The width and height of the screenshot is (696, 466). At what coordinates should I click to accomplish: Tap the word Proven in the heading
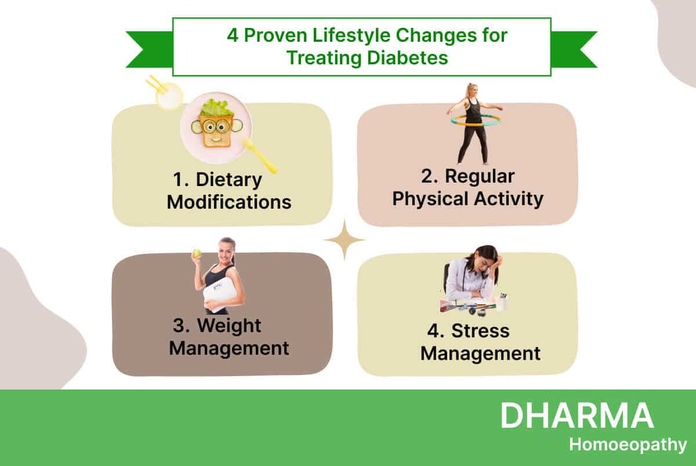[x=275, y=35]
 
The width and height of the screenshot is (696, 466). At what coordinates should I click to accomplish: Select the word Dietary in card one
[x=229, y=179]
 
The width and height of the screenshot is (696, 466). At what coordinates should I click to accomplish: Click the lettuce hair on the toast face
[x=216, y=107]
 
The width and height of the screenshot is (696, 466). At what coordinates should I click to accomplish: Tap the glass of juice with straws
[x=169, y=96]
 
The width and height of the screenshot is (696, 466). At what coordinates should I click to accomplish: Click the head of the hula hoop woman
[x=472, y=91]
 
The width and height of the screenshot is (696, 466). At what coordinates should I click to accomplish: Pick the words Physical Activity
[x=467, y=199]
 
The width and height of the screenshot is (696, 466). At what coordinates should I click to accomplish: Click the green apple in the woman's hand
[x=197, y=253]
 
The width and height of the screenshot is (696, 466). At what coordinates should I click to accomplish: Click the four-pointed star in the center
[x=344, y=239]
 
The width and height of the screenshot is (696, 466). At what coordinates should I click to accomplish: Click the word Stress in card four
[x=480, y=330]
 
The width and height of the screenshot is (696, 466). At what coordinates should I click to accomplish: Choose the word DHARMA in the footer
[x=577, y=416]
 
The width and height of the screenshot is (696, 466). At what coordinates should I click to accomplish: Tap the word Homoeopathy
[x=628, y=445]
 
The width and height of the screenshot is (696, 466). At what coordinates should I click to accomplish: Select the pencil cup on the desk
[x=502, y=303]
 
